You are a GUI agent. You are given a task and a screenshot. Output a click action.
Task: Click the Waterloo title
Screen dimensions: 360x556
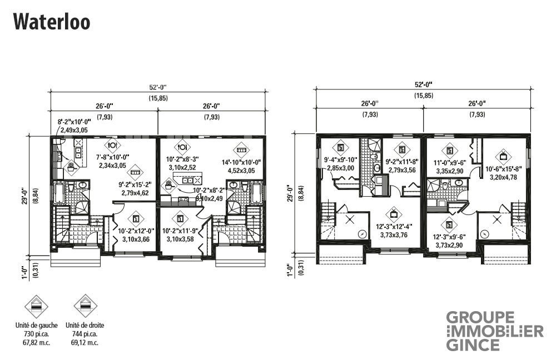point(51,22)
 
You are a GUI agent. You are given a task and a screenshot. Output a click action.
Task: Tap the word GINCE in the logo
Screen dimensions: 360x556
point(473,345)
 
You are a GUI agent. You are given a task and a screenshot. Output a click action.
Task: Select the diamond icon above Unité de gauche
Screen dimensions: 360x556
point(36,306)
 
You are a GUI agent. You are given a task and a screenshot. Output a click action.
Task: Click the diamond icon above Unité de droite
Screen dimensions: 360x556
point(85,306)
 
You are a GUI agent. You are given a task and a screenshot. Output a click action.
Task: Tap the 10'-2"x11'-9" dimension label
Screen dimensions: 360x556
point(180,231)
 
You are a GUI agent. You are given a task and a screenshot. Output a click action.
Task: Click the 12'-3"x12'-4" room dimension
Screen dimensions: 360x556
point(394,227)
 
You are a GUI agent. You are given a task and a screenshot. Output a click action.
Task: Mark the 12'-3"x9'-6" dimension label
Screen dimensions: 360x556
point(449,237)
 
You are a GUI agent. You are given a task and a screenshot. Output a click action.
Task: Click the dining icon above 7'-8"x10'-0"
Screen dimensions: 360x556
point(112,146)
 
